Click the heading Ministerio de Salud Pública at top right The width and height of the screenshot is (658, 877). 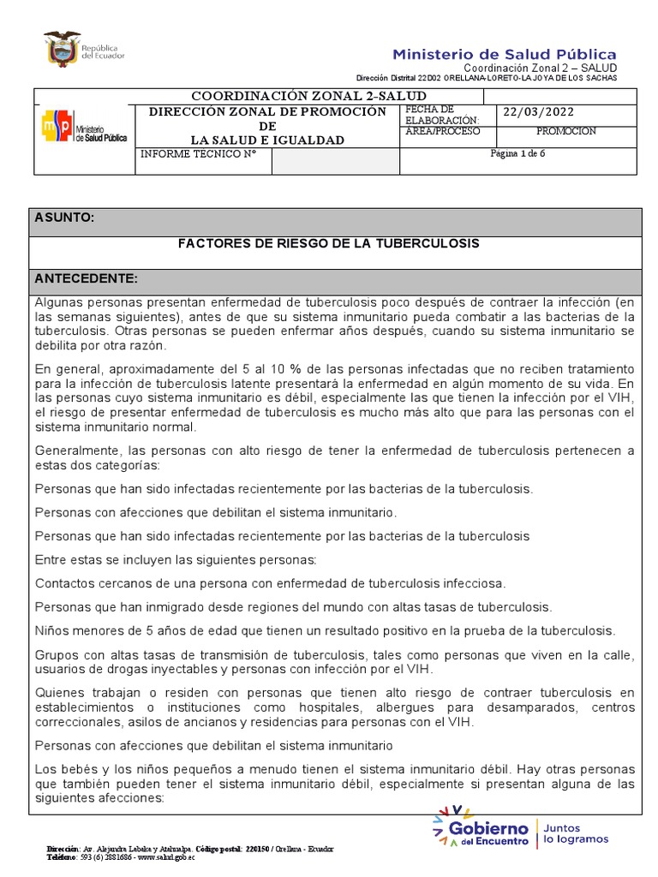point(504,54)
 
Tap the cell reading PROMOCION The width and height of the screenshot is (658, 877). point(565,132)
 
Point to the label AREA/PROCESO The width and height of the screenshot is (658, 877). point(443,132)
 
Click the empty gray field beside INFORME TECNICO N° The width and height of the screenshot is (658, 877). point(335,161)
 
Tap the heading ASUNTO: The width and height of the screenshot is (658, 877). point(64,218)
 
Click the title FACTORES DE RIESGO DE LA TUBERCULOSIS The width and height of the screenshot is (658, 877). point(328,244)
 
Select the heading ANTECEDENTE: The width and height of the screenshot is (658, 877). point(86,279)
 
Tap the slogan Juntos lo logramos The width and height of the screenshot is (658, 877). point(575,832)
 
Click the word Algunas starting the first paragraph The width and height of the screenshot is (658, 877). point(58,302)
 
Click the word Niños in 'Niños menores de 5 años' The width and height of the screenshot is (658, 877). point(51,631)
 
